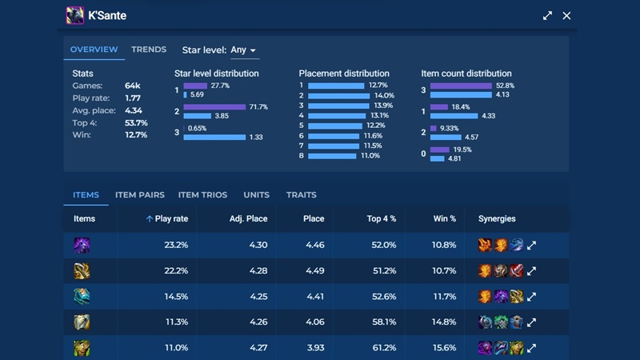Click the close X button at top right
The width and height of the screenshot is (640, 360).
566,15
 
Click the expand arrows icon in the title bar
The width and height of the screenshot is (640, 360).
547,15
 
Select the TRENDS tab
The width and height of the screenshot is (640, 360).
149,50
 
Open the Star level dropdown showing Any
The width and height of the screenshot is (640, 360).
243,50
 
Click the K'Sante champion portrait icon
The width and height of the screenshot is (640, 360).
75,15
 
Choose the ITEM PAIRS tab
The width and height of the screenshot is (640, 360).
140,194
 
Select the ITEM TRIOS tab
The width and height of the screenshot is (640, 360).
202,194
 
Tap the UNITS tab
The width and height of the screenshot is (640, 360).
256,194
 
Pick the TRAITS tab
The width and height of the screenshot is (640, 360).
301,194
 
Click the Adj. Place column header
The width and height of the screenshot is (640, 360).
248,218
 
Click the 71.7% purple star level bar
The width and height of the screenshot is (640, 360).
214,106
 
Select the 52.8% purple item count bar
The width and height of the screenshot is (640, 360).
461,86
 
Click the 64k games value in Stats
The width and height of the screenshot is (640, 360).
133,86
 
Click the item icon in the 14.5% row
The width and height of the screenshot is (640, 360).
82,297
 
